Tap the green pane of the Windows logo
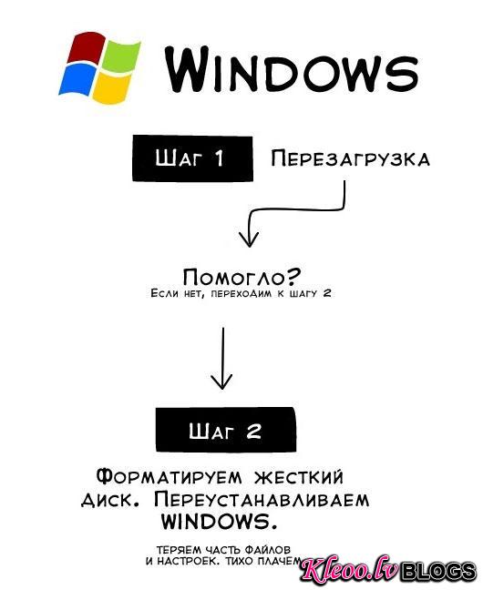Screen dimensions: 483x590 pyautogui.click(x=120, y=56)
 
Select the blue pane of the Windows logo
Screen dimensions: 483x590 pyautogui.click(x=78, y=78)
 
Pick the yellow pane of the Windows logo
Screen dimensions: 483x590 pyautogui.click(x=111, y=89)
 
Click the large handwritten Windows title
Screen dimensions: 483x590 pyautogui.click(x=292, y=69)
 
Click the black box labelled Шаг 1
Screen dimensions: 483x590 pyautogui.click(x=192, y=158)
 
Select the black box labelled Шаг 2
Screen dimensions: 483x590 pyautogui.click(x=226, y=430)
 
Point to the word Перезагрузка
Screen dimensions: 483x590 pyautogui.click(x=350, y=158)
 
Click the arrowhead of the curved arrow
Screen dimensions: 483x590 pyautogui.click(x=249, y=239)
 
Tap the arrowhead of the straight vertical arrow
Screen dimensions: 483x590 pyautogui.click(x=222, y=381)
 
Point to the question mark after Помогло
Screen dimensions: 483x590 pyautogui.click(x=293, y=276)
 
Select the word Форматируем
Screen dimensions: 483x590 pyautogui.click(x=169, y=477)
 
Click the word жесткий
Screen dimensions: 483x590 pyautogui.click(x=299, y=477)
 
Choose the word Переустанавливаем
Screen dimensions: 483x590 pyautogui.click(x=262, y=500)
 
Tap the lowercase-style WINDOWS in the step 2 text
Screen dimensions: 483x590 pyautogui.click(x=220, y=522)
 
